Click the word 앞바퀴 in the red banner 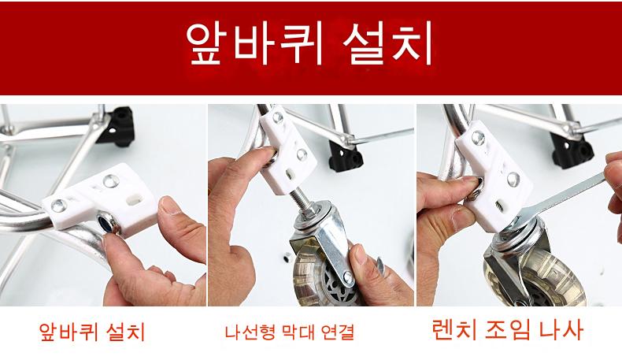tap(254, 43)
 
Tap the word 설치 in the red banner tap(387, 43)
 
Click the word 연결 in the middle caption tap(338, 332)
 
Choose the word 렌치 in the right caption tap(454, 329)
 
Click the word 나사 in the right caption tap(561, 329)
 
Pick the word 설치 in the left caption tap(126, 332)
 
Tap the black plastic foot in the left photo tap(119, 125)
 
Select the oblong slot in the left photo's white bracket tap(135, 199)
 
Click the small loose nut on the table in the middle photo tap(286, 258)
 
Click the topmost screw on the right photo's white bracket tap(478, 138)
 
